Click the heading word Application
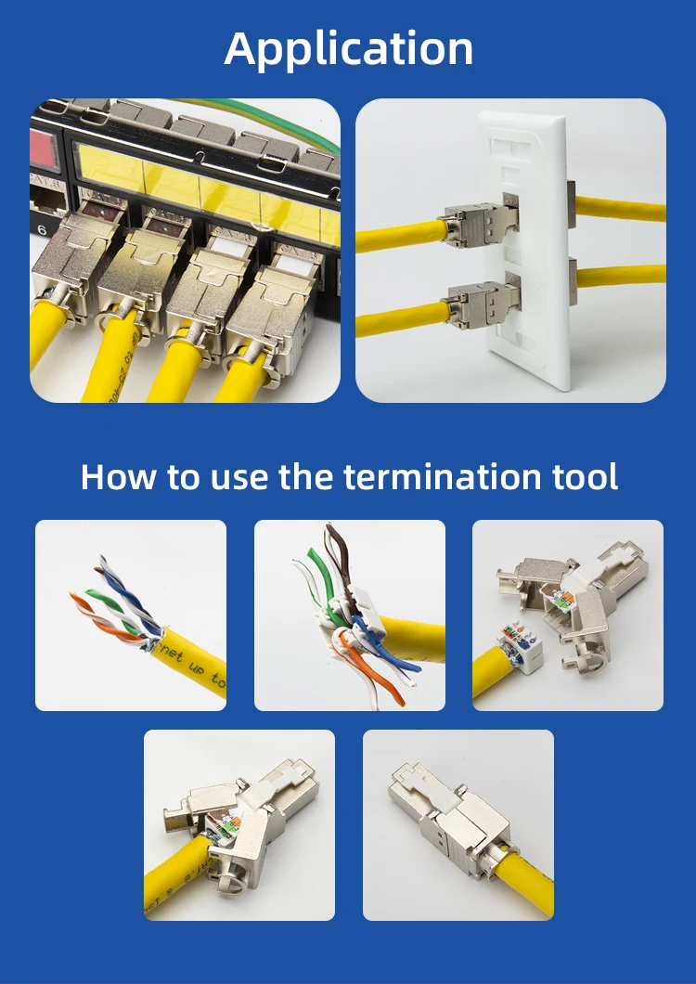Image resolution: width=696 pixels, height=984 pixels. coord(348,48)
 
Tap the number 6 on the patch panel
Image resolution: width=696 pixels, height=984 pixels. coord(40,228)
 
